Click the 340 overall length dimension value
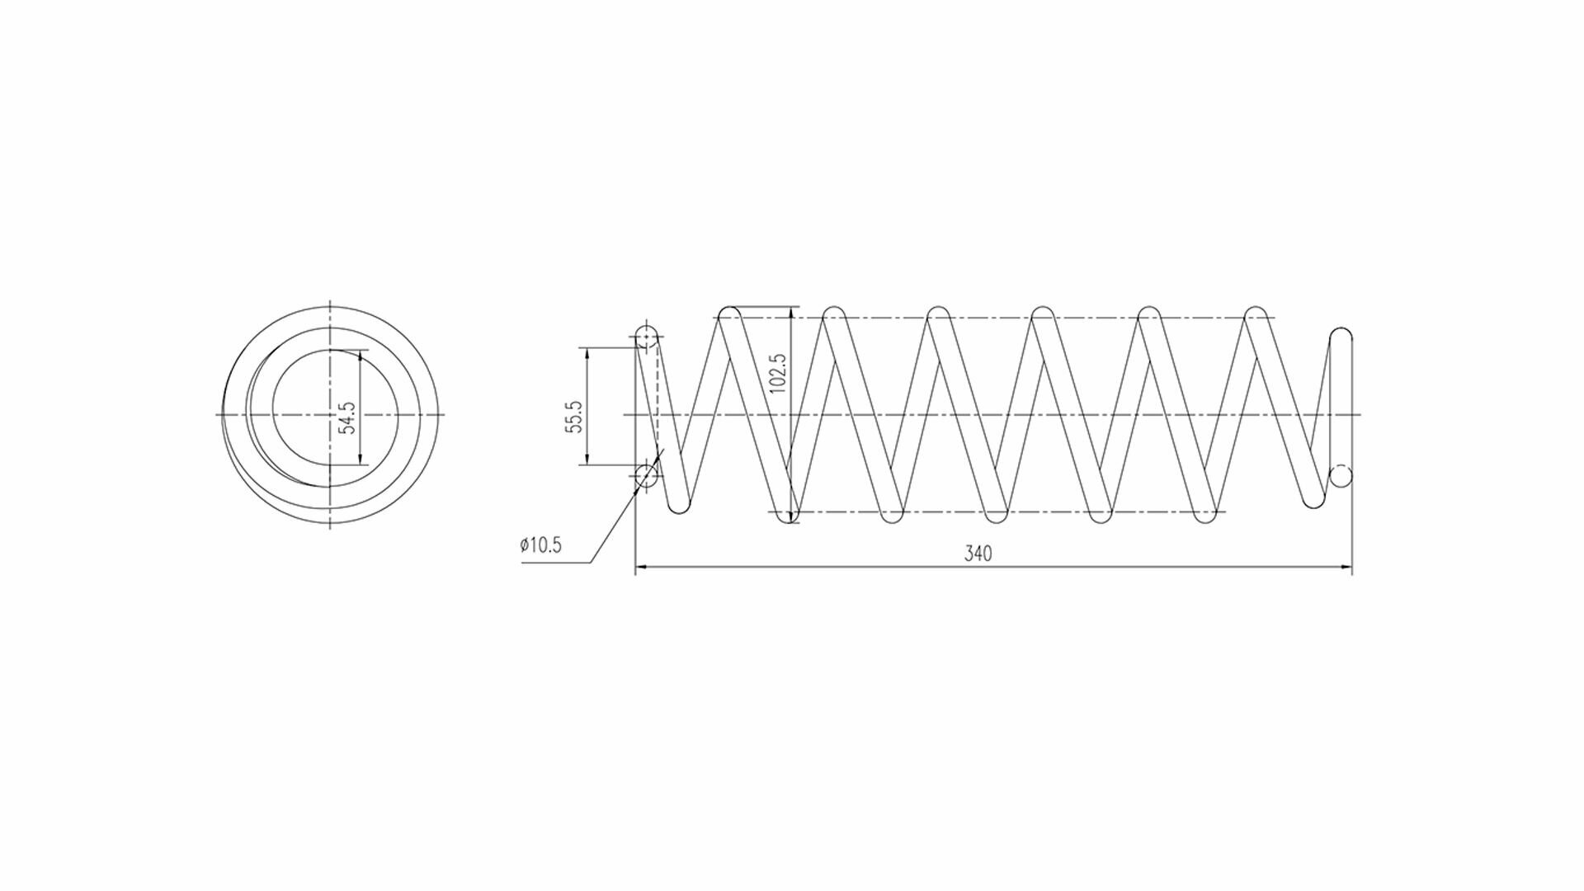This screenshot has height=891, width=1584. click(978, 554)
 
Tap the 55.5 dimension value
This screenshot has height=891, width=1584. click(574, 417)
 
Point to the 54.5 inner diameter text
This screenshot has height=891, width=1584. click(346, 417)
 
